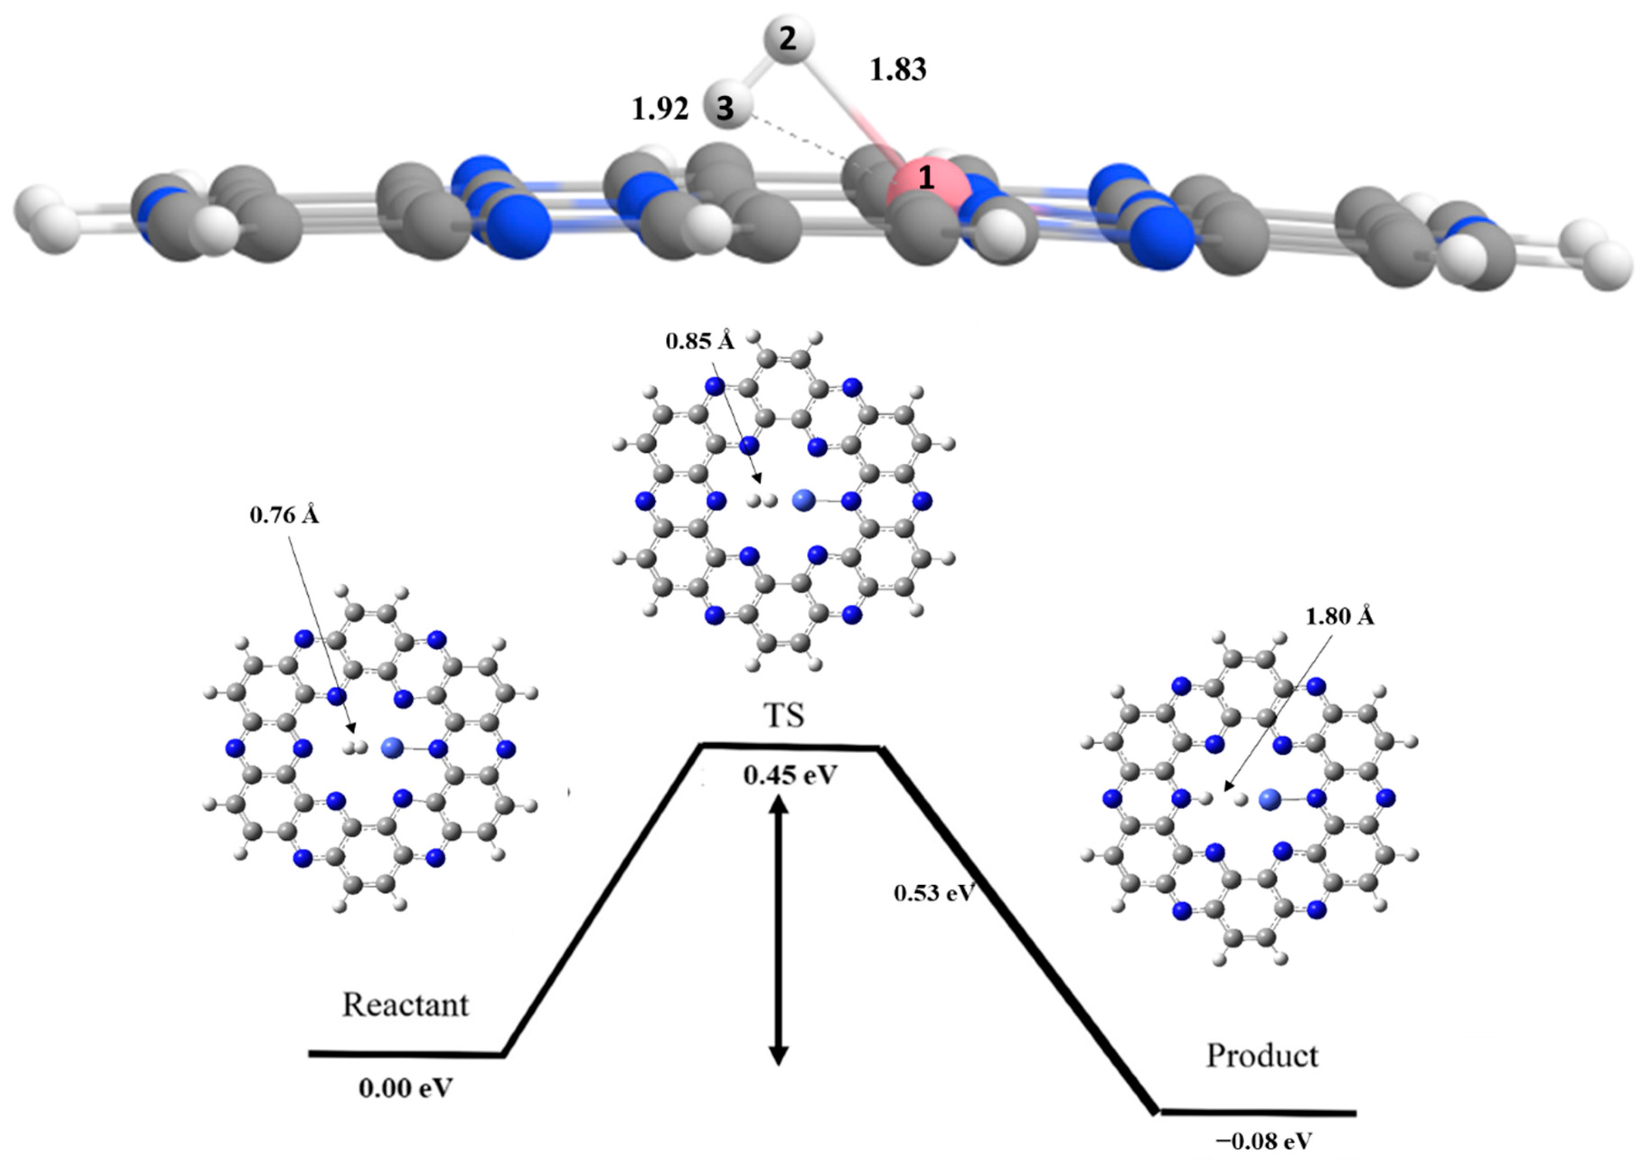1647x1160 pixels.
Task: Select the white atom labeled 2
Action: (788, 41)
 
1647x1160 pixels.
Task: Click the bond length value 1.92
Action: (660, 109)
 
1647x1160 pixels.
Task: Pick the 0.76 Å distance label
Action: (284, 515)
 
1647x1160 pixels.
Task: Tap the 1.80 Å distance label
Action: (1339, 617)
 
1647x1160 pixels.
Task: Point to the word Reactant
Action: (405, 1005)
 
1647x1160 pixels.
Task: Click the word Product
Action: (1262, 1055)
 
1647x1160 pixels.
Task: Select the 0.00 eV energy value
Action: (406, 1088)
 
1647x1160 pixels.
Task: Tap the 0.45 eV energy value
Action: (790, 775)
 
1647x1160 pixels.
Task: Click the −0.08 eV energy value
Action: (1263, 1141)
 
